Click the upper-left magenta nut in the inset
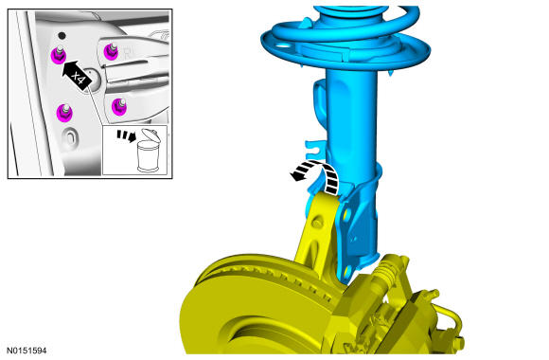[58, 55]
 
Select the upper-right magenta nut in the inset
[111, 51]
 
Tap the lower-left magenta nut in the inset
[64, 113]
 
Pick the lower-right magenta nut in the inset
[119, 106]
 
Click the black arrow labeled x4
[77, 74]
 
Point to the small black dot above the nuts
[62, 35]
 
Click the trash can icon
[149, 151]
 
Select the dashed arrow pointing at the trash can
[126, 135]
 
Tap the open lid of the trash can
[151, 135]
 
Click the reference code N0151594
[27, 351]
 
